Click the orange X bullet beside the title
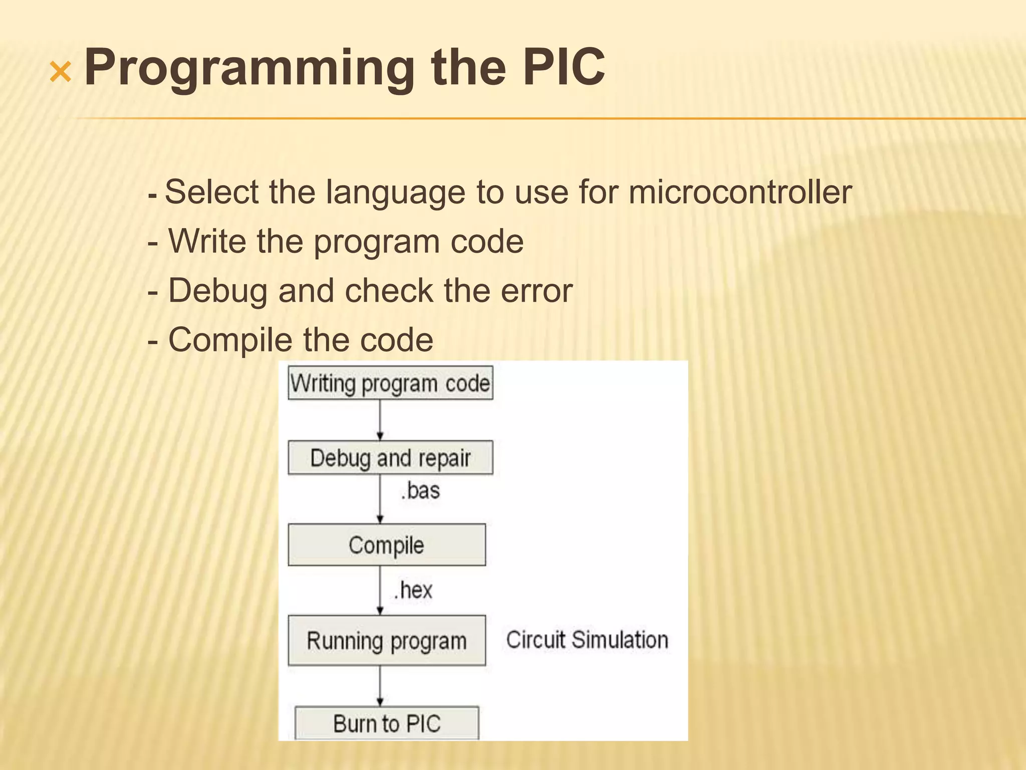click(61, 73)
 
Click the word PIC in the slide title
click(563, 67)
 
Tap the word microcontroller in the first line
click(740, 192)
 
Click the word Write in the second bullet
click(207, 241)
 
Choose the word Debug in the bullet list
click(217, 291)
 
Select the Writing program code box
click(390, 383)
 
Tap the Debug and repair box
click(390, 458)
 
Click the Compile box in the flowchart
click(386, 545)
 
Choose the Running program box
click(386, 641)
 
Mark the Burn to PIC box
click(386, 723)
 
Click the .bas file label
click(420, 491)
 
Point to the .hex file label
click(413, 590)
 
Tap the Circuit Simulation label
click(587, 640)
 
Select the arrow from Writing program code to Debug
click(380, 420)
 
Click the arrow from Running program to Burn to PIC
click(380, 686)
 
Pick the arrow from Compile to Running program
click(380, 590)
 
